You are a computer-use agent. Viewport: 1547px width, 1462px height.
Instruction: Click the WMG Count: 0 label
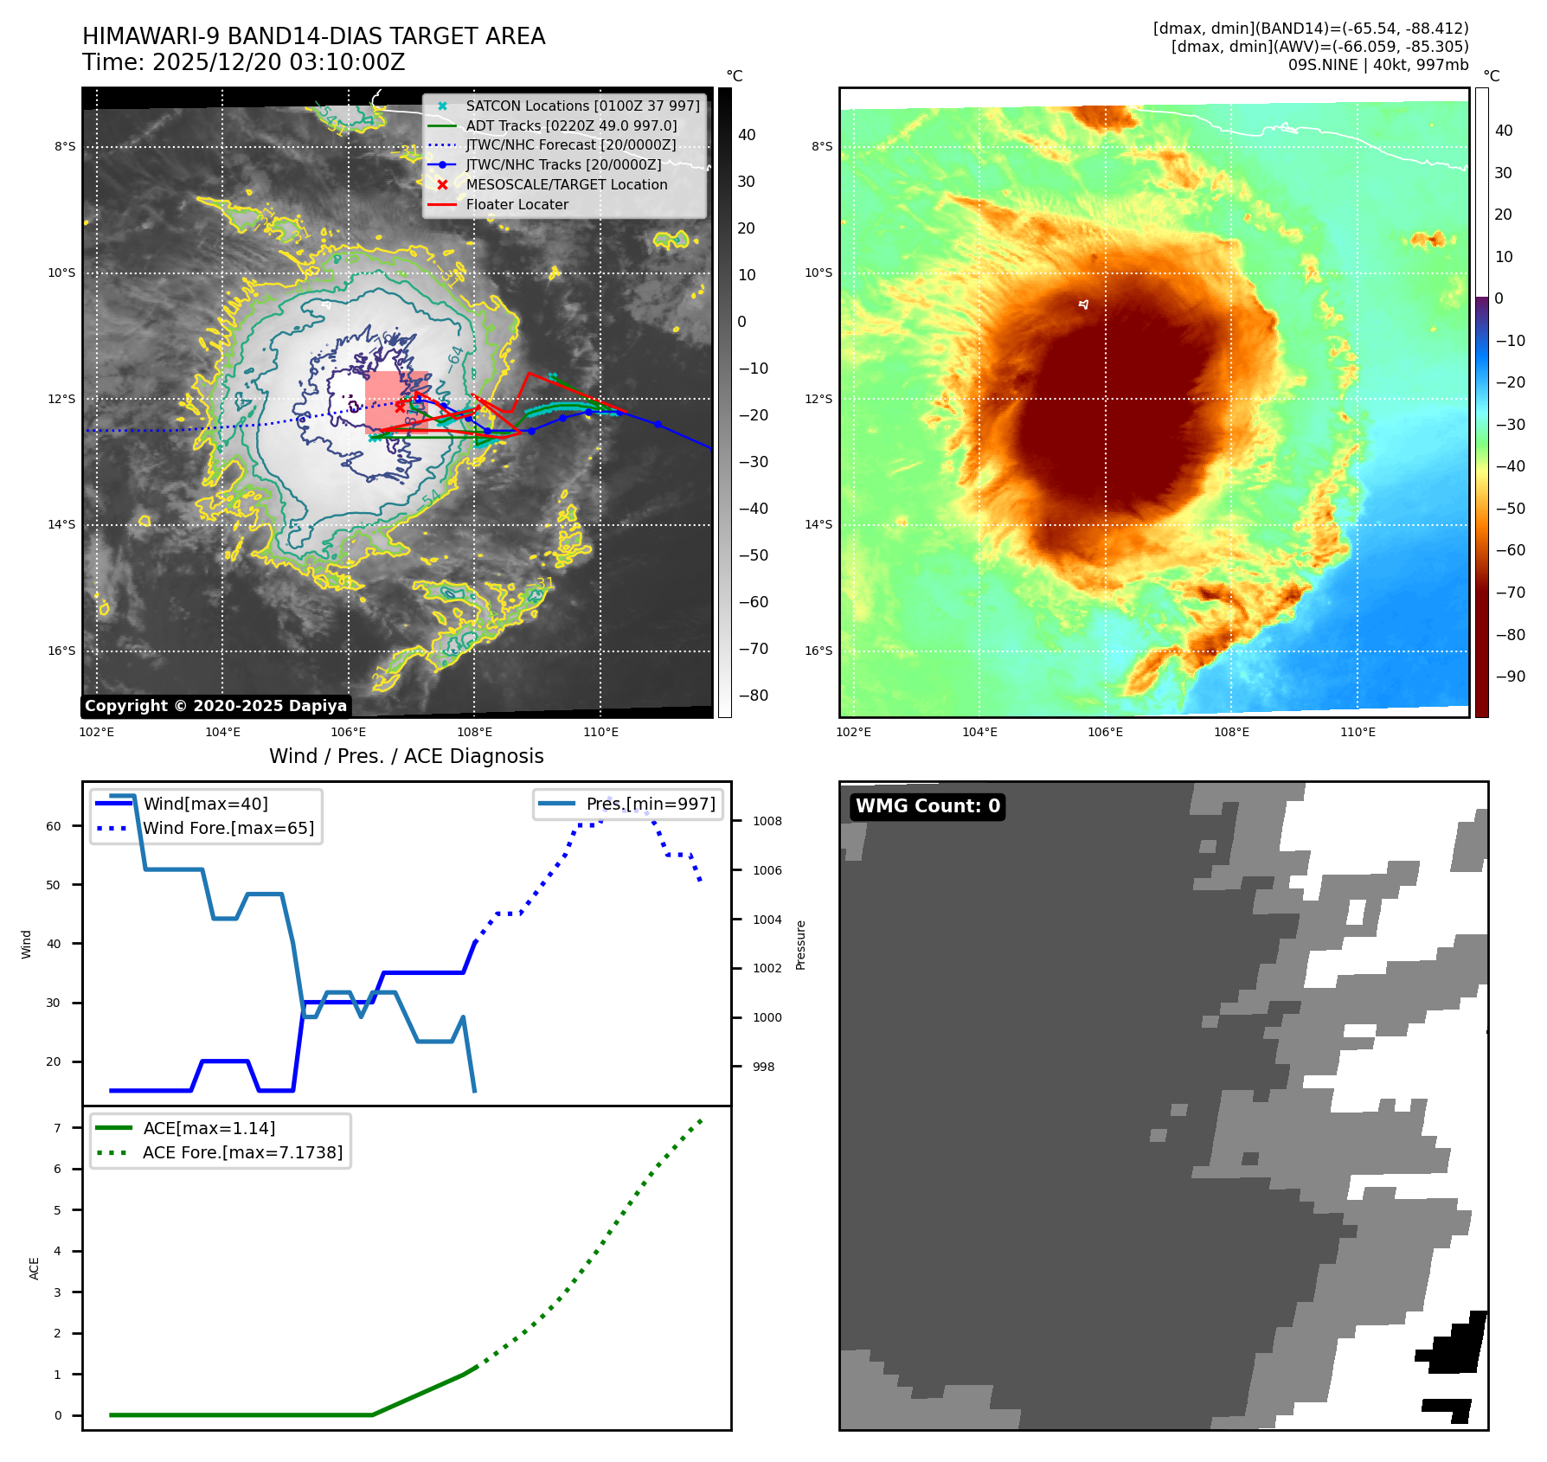coord(928,806)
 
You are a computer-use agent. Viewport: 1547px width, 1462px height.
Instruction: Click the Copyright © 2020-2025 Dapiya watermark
coord(215,706)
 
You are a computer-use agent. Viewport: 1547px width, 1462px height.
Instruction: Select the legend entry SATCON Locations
coord(582,106)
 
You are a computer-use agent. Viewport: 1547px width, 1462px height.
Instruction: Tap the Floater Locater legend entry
coord(517,204)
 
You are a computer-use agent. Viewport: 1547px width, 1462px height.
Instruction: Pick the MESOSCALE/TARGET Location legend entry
coord(567,184)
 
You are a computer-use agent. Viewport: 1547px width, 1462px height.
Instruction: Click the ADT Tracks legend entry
coord(571,125)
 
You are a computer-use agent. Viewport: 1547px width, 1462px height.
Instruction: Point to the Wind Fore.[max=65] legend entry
coord(228,828)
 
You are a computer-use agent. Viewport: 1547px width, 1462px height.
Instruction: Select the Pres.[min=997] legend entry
coord(651,804)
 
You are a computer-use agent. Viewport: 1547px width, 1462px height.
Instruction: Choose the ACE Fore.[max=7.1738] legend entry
coord(242,1152)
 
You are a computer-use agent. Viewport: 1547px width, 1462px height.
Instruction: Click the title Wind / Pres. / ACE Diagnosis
coord(407,756)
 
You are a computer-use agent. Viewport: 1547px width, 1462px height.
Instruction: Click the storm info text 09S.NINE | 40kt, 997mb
coord(1377,65)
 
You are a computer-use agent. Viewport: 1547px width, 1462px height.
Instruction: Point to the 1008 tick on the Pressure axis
coord(767,821)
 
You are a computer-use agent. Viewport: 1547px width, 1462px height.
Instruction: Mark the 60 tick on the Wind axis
coord(54,826)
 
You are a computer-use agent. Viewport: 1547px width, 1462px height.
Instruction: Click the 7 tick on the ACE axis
coord(58,1128)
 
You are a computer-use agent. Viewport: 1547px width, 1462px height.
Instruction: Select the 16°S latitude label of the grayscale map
coord(61,651)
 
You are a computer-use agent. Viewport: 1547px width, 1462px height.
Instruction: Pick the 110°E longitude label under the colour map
coord(1358,732)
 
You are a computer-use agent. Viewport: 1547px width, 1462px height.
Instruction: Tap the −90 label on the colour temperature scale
coord(1510,676)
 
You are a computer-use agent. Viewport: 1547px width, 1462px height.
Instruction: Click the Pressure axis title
coord(801,945)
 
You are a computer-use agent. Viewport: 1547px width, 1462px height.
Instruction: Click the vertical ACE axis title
coord(35,1268)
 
